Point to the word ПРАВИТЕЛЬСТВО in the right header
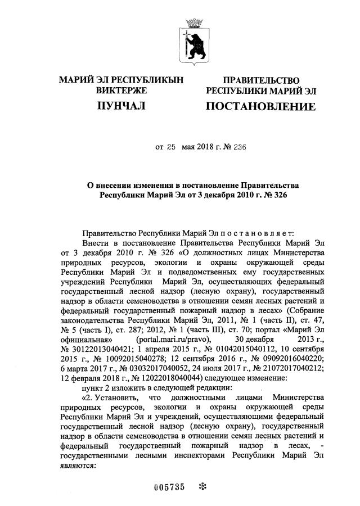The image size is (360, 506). coord(261,81)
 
